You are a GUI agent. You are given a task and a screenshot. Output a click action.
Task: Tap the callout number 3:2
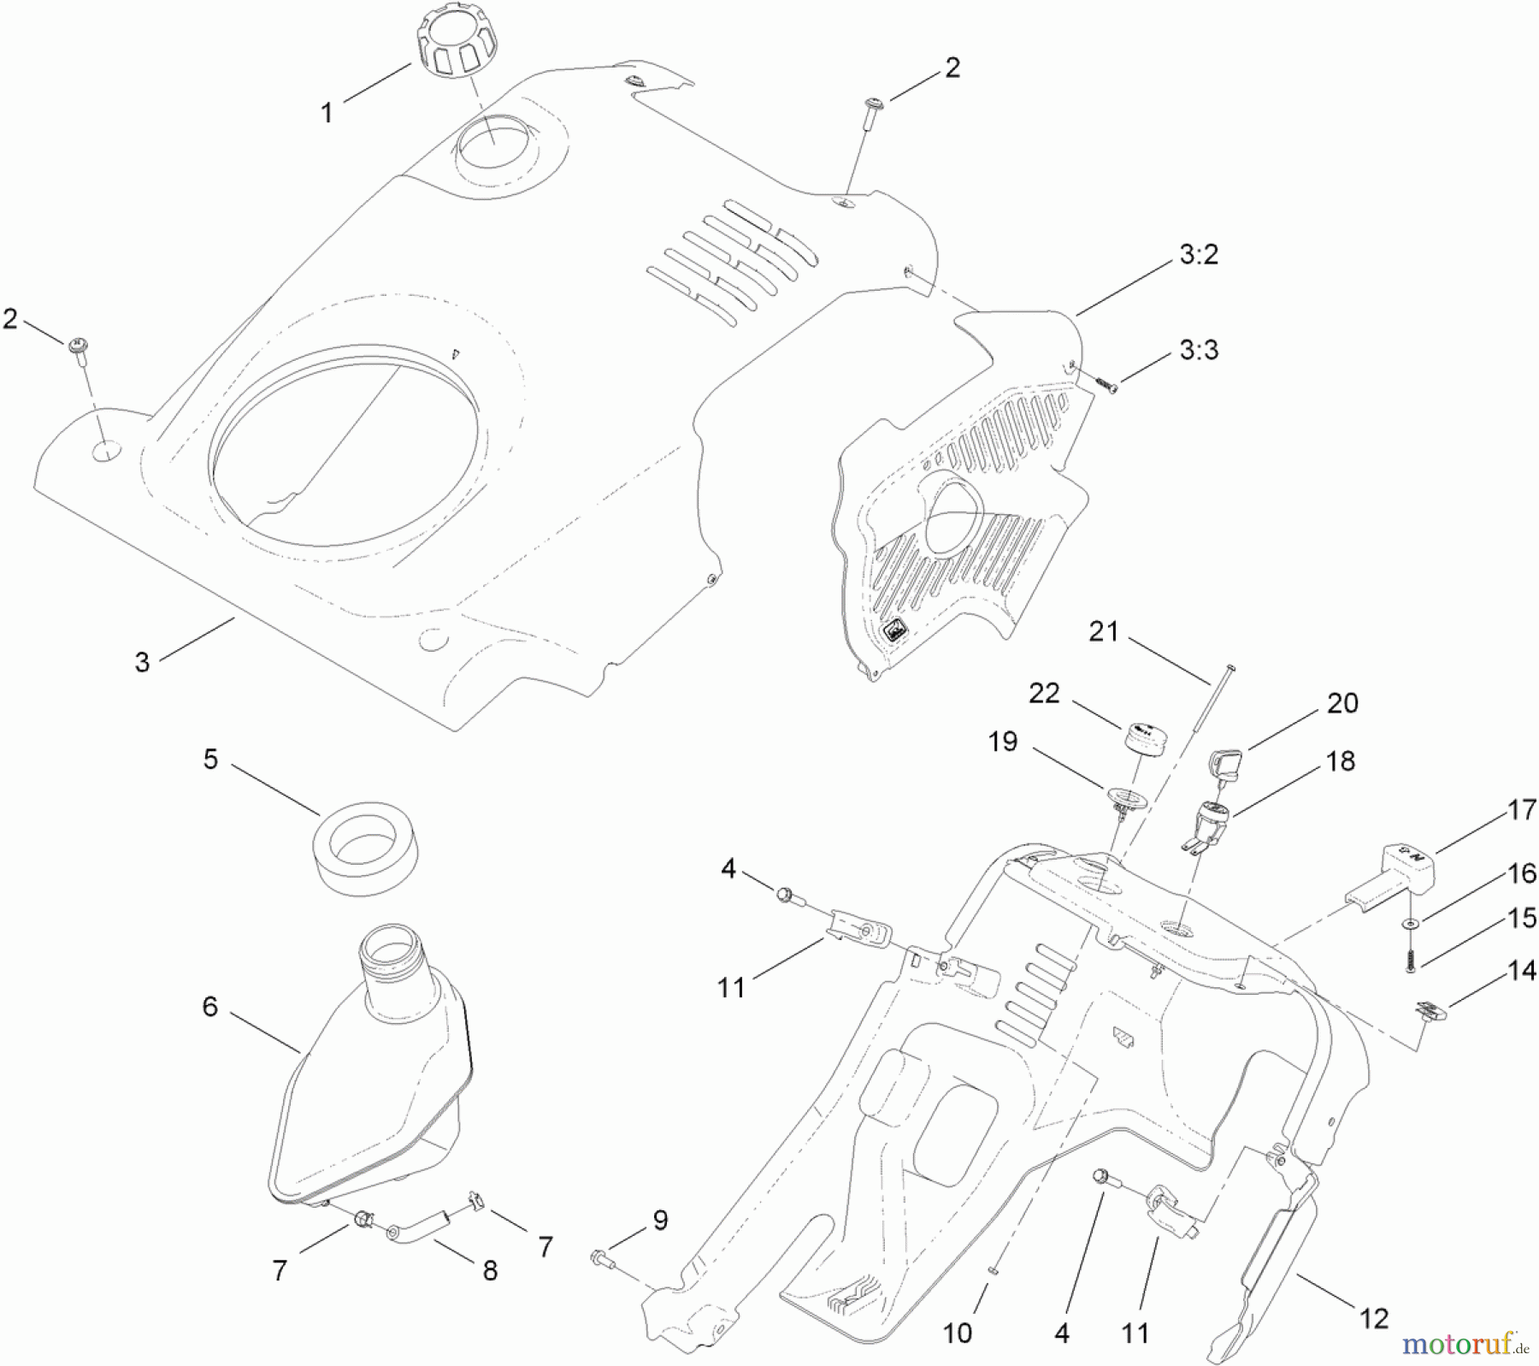[1199, 254]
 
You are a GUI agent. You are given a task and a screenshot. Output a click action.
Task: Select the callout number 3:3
[1199, 350]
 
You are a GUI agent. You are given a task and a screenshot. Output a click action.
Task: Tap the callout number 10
[958, 1333]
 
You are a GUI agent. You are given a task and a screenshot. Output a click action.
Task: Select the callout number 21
[1103, 632]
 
